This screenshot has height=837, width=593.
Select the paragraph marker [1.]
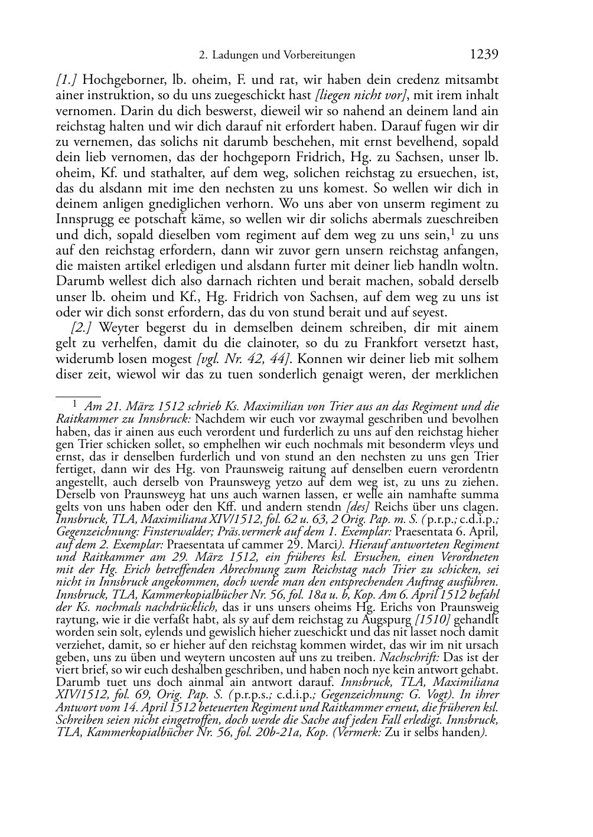coord(67,80)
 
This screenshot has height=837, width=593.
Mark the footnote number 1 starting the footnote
coord(74,405)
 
